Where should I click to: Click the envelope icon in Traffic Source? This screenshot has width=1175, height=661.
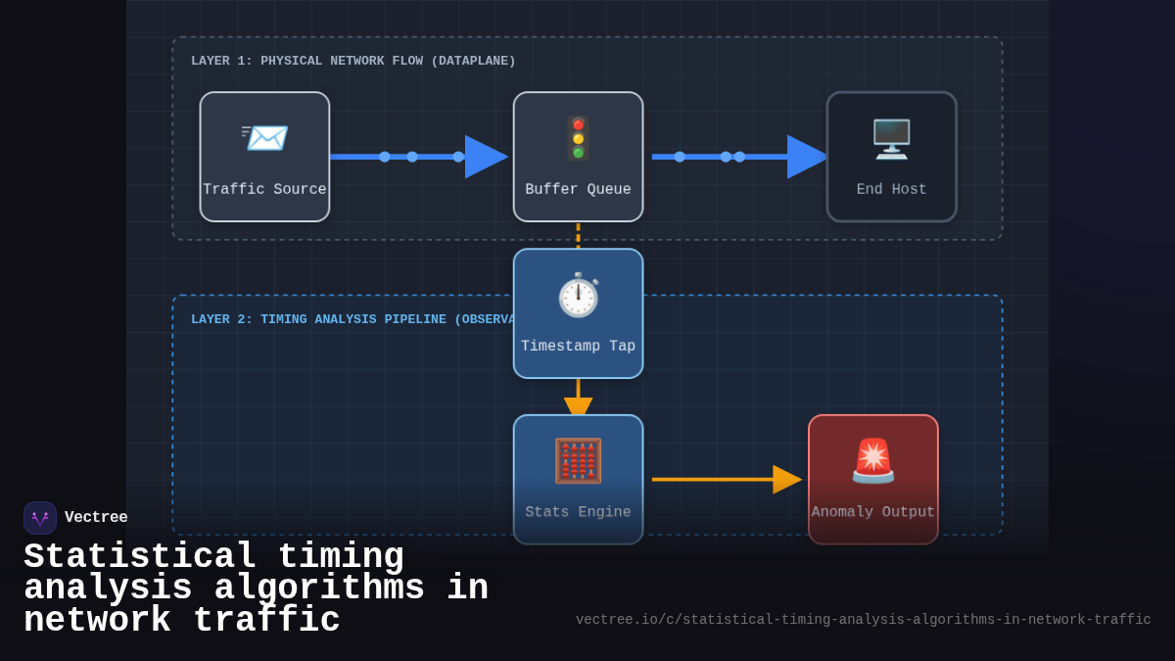pyautogui.click(x=264, y=138)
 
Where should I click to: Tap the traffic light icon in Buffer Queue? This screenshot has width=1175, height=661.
pyautogui.click(x=578, y=138)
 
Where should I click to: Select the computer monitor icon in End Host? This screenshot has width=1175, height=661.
pyautogui.click(x=891, y=139)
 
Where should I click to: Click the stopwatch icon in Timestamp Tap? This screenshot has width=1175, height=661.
pyautogui.click(x=578, y=295)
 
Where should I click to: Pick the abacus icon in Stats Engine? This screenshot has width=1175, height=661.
pyautogui.click(x=578, y=461)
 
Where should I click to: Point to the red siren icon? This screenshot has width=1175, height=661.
pyautogui.click(x=872, y=460)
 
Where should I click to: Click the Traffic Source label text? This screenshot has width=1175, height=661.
pyautogui.click(x=264, y=190)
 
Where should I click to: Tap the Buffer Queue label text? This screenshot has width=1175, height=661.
pyautogui.click(x=578, y=190)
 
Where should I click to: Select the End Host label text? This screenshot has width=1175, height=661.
pyautogui.click(x=891, y=190)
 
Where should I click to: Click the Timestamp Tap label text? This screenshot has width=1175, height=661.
pyautogui.click(x=578, y=347)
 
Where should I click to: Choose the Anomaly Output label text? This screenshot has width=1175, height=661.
pyautogui.click(x=872, y=512)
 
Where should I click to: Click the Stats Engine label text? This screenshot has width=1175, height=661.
pyautogui.click(x=578, y=512)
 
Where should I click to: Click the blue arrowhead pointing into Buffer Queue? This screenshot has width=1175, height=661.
pyautogui.click(x=485, y=157)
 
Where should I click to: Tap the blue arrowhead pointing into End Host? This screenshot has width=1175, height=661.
pyautogui.click(x=807, y=157)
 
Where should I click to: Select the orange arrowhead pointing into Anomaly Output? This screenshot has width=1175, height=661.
pyautogui.click(x=786, y=480)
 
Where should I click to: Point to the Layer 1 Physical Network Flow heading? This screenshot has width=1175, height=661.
pyautogui.click(x=352, y=62)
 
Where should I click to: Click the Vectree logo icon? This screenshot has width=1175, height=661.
pyautogui.click(x=40, y=518)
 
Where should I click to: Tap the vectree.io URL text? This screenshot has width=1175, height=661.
pyautogui.click(x=863, y=620)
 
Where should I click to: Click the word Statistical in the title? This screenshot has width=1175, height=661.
pyautogui.click(x=140, y=557)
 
